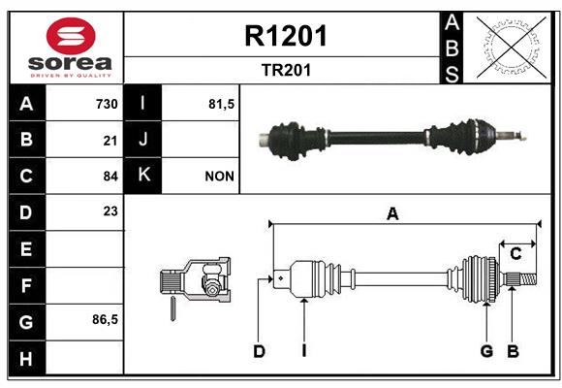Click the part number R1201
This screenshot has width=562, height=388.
point(286,36)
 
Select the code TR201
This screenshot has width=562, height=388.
point(286,70)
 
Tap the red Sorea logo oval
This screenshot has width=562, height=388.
point(71,36)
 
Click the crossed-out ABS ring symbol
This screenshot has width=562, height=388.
point(512,48)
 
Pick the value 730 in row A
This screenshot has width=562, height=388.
point(107,104)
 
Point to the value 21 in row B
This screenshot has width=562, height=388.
point(110,141)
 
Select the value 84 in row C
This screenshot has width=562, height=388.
point(110,177)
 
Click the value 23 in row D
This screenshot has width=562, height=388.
point(110,211)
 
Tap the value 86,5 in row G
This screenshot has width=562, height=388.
point(105,319)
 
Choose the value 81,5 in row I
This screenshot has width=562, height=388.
point(222,104)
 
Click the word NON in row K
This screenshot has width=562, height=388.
point(219,177)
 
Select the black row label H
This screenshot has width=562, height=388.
point(26,359)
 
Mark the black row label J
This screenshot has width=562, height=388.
point(142,139)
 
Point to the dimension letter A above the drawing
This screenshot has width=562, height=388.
point(392,214)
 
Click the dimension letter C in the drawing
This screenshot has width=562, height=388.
point(515,254)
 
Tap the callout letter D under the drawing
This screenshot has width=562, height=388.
point(259,351)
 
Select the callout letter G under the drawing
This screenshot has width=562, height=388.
point(486,351)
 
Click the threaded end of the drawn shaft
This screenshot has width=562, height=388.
point(527,279)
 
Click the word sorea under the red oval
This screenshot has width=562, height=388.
point(70,63)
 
